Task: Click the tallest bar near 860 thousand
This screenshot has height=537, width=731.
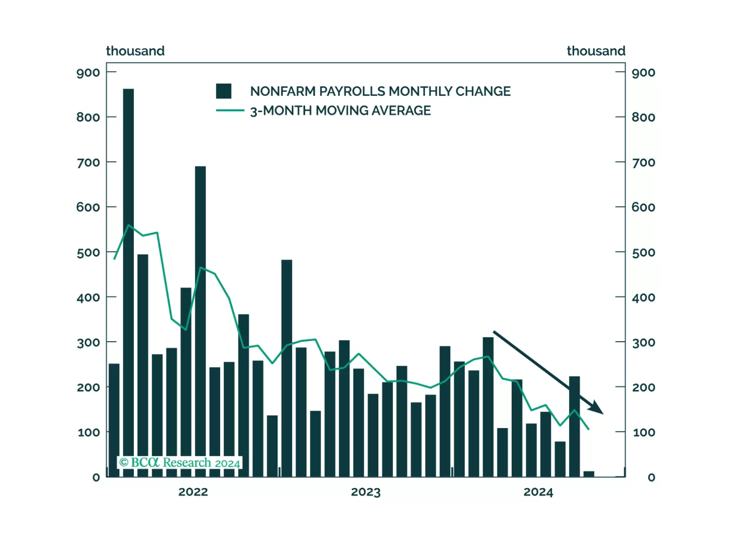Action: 128,282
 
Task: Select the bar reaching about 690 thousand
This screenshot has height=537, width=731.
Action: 200,319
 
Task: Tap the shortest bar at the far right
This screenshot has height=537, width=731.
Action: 589,474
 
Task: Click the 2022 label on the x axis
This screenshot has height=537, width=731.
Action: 193,492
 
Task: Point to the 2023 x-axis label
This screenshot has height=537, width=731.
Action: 366,492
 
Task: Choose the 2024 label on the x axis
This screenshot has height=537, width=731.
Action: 539,492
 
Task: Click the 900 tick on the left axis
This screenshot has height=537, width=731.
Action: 88,73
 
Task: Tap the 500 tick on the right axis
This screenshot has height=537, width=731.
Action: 643,253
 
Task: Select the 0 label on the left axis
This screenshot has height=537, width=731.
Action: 96,477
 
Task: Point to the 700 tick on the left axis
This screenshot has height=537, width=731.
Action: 88,162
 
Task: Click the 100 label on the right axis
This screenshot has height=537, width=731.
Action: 644,432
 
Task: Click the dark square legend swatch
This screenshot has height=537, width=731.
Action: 223,91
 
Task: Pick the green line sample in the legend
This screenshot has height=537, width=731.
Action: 230,110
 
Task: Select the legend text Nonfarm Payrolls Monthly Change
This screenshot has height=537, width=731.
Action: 380,91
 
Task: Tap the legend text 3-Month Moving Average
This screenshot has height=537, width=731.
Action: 340,111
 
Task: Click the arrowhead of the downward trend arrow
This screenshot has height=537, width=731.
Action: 597,408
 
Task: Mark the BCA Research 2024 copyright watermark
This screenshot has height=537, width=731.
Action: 180,463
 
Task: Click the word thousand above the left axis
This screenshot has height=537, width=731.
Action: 135,51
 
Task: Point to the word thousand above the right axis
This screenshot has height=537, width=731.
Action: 596,51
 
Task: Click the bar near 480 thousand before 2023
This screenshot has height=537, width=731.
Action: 287,366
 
